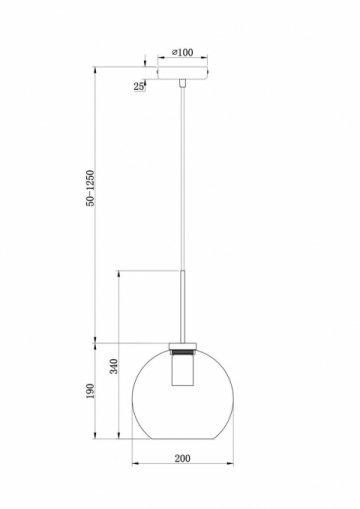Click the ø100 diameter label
click(181, 52)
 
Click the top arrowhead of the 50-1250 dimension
click(97, 70)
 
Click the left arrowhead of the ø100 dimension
click(159, 59)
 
